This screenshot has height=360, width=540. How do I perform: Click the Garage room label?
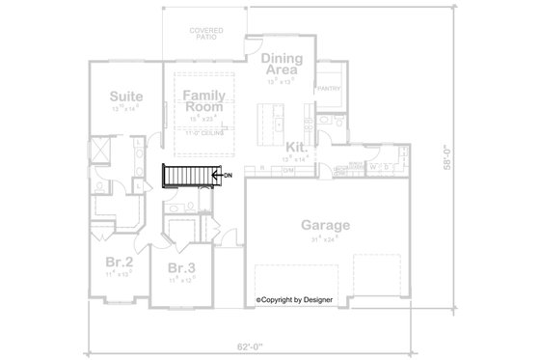coord(324,226)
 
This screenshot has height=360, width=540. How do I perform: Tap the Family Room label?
coord(203,100)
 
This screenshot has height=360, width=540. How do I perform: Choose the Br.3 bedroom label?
coord(181,267)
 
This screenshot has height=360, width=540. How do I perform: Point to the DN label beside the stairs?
coord(228,176)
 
